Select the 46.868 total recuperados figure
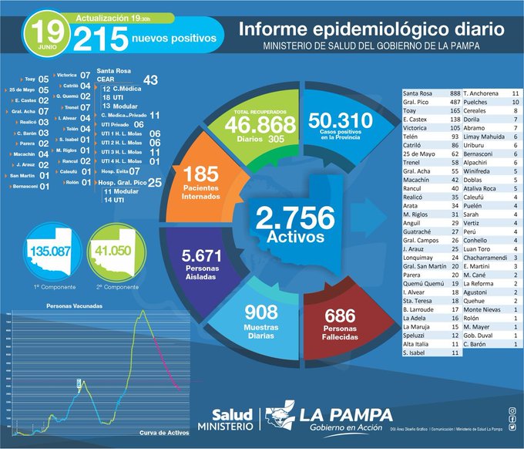click(261, 124)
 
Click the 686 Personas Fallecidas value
click(340, 316)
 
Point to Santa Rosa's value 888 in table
click(454, 93)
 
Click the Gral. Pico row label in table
click(417, 103)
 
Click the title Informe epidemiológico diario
click(371, 29)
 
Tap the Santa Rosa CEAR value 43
click(150, 79)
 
